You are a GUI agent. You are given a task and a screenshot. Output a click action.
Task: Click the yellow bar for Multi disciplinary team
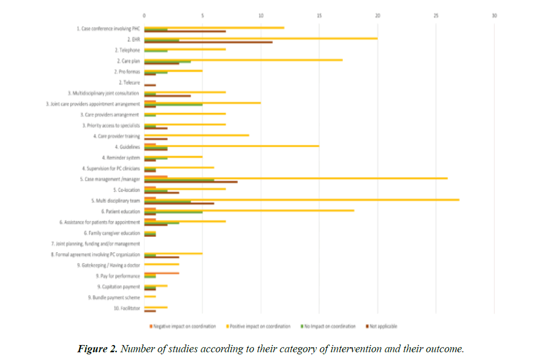(302, 200)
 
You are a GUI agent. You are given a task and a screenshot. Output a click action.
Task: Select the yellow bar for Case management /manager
(296, 178)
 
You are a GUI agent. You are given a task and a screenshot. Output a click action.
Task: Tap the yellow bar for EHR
(261, 38)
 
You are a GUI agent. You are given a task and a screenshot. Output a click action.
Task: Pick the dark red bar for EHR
(208, 42)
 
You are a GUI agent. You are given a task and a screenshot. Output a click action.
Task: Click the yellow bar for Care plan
(243, 60)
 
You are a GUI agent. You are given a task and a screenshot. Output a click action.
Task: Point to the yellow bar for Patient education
(249, 210)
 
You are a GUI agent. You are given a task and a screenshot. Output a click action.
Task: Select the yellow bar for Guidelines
(231, 146)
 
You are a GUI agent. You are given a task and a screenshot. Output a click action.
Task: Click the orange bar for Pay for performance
(162, 273)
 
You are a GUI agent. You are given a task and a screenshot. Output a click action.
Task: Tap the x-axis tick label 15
(319, 15)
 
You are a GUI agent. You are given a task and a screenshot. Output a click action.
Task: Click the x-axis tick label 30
(494, 15)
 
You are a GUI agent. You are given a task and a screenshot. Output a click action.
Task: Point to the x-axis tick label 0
(144, 15)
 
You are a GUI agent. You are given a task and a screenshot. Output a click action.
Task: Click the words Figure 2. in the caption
(98, 349)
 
